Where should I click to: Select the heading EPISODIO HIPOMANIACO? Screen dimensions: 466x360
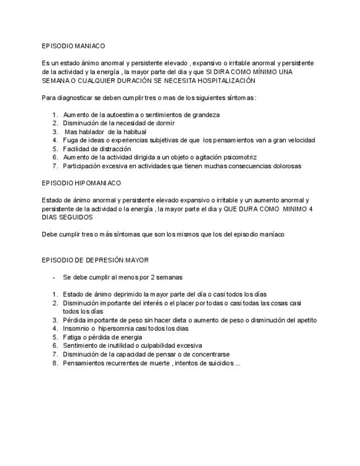[81, 183]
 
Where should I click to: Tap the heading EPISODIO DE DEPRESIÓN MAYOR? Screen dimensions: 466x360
[95, 260]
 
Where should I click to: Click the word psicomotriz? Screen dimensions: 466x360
[240, 157]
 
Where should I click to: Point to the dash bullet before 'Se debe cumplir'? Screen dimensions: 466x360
[54, 278]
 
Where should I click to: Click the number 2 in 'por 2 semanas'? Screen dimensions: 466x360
[154, 278]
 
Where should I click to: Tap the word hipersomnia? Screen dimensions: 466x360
[119, 329]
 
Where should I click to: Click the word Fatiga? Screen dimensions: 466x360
[73, 337]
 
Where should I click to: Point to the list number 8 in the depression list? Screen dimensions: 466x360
[56, 363]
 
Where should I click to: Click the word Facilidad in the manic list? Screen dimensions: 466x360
[76, 149]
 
